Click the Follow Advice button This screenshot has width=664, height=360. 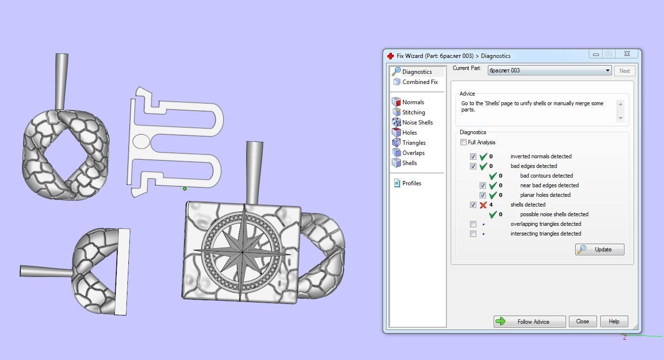click(529, 321)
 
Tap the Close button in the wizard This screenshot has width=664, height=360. click(582, 321)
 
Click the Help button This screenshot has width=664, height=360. click(614, 321)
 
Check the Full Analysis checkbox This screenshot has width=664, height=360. click(463, 142)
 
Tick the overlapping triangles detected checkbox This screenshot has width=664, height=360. click(473, 224)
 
